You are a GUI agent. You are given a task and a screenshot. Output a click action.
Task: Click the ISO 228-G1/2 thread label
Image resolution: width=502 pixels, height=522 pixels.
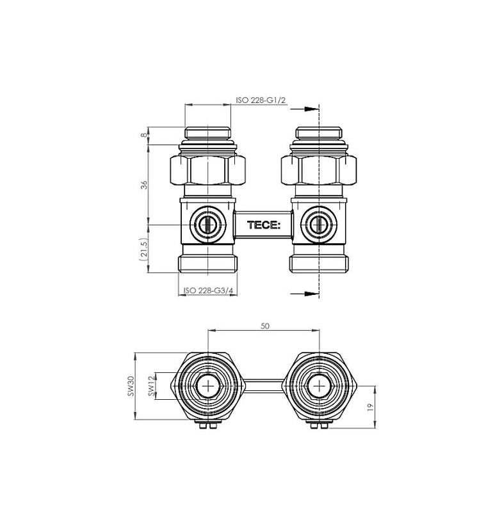pyautogui.click(x=261, y=100)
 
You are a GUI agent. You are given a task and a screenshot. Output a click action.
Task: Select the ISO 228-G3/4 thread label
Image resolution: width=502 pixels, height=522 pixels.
pyautogui.click(x=209, y=290)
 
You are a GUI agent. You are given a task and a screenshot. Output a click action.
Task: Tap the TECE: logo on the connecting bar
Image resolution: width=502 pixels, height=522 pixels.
pyautogui.click(x=264, y=225)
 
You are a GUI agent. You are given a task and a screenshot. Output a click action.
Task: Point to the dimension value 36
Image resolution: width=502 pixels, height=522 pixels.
pyautogui.click(x=143, y=185)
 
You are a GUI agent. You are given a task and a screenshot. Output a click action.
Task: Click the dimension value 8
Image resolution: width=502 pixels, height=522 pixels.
pyautogui.click(x=143, y=135)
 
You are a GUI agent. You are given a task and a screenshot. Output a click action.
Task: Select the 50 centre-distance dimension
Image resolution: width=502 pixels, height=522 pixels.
pyautogui.click(x=264, y=326)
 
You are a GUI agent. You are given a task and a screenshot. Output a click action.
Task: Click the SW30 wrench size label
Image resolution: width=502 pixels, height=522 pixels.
pyautogui.click(x=131, y=386)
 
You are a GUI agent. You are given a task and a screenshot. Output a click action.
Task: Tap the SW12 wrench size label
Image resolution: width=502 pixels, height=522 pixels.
pyautogui.click(x=152, y=386)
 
